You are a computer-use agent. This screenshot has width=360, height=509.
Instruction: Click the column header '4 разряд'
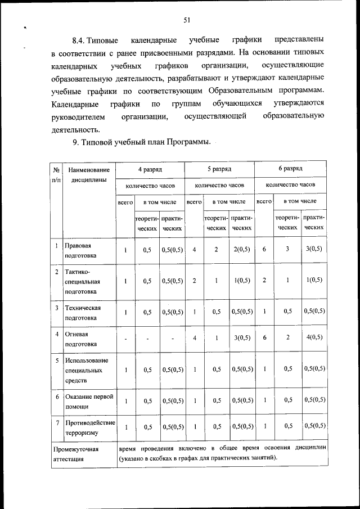[150, 168]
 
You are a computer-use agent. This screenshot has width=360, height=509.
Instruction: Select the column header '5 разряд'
[219, 168]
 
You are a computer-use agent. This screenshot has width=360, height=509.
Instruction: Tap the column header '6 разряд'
[290, 168]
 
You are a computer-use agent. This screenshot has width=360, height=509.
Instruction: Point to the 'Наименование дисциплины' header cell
[87, 174]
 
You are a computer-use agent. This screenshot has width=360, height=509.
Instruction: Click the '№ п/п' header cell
[57, 174]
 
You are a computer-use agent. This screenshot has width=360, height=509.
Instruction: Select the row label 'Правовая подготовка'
[78, 250]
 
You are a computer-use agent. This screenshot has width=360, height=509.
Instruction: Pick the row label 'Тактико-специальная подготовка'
[82, 281]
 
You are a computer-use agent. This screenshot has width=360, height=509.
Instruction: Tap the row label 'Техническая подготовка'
[82, 313]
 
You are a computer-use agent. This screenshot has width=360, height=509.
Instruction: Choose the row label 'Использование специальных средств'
[85, 370]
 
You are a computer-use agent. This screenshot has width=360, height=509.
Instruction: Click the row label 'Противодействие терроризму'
[89, 427]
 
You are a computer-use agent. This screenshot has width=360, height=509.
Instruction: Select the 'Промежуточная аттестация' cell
[76, 454]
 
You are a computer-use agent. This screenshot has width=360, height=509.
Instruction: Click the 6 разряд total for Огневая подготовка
[264, 337]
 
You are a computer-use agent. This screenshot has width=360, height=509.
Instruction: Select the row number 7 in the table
[57, 422]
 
